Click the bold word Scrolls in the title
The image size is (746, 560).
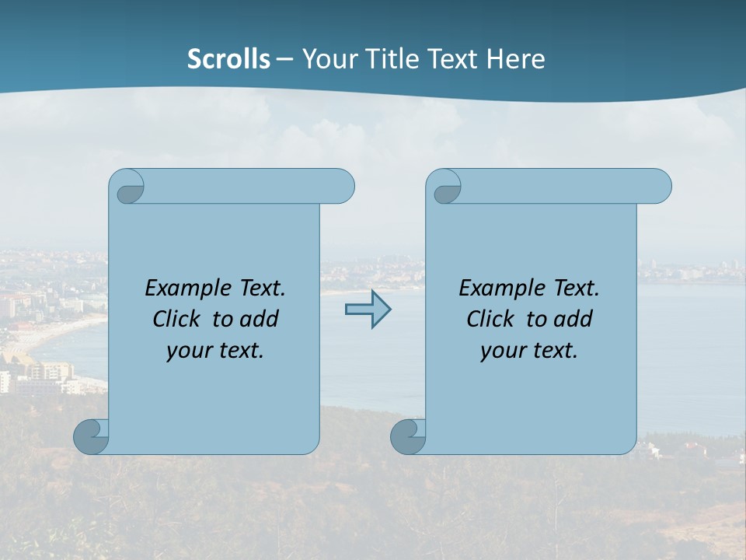[x=228, y=59]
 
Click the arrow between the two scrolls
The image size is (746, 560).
[x=368, y=310]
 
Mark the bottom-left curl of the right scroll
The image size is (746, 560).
[x=409, y=436]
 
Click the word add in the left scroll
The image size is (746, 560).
[x=260, y=319]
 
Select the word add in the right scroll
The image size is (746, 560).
[x=573, y=319]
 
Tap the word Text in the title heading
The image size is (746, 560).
[x=453, y=59]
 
